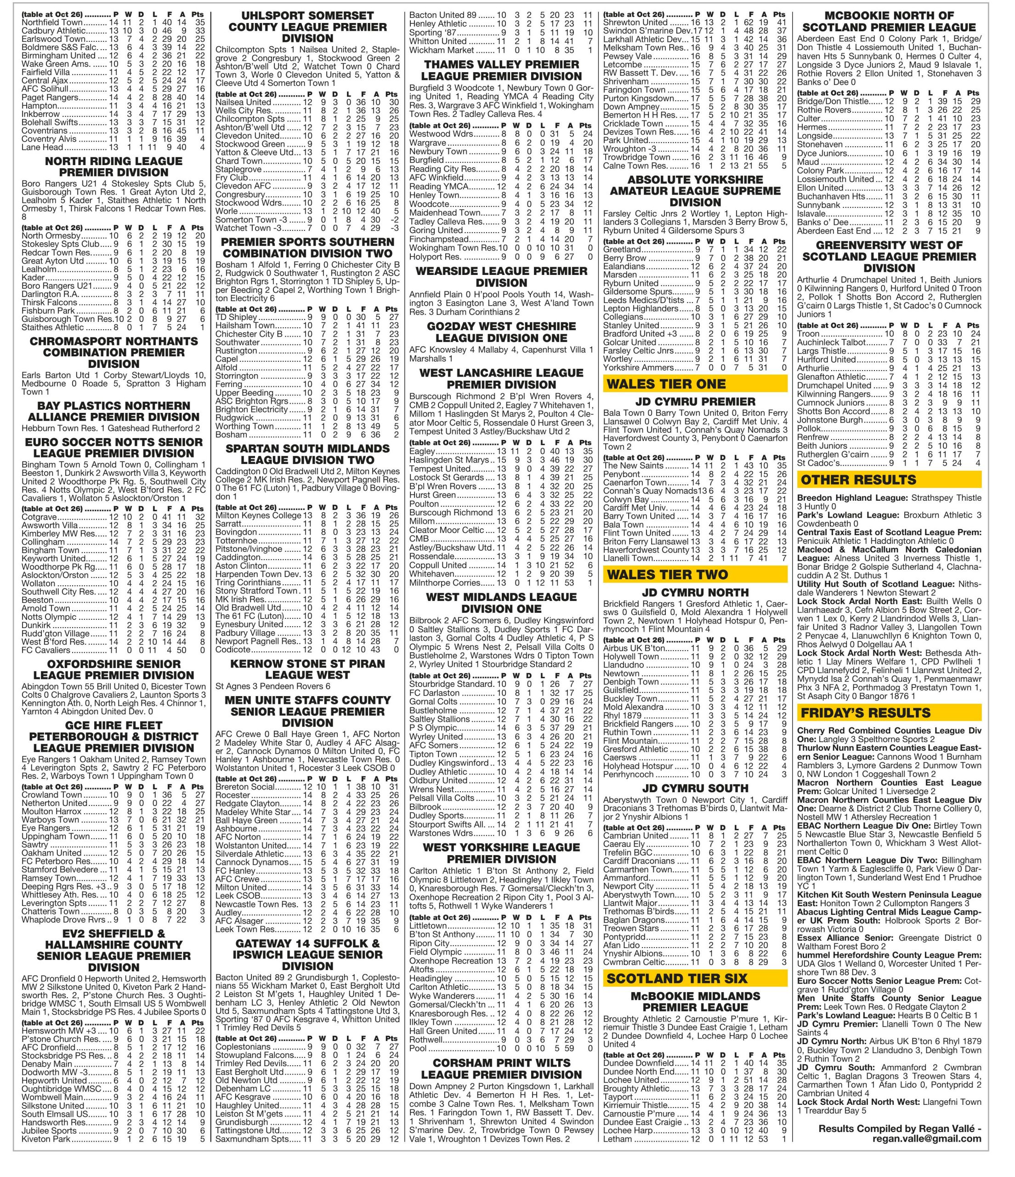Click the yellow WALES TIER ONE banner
pos(695,384)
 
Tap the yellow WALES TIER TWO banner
pos(695,575)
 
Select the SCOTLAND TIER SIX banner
pos(695,978)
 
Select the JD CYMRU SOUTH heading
pos(695,788)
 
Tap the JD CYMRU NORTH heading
pos(695,593)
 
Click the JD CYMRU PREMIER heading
pos(695,402)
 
